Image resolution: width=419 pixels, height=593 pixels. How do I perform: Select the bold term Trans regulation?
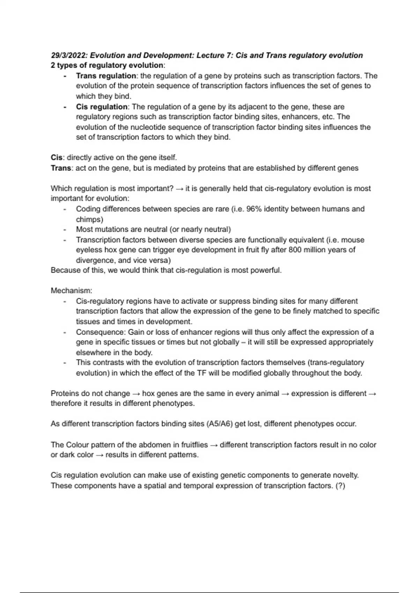pos(106,76)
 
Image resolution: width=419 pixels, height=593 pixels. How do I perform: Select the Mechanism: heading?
pos(72,291)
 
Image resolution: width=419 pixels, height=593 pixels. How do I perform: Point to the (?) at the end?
pos(340,486)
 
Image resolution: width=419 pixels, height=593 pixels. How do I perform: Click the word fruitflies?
pos(194,445)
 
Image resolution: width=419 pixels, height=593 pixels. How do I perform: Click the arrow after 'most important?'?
pos(179,189)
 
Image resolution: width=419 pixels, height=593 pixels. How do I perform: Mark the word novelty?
pos(345,475)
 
